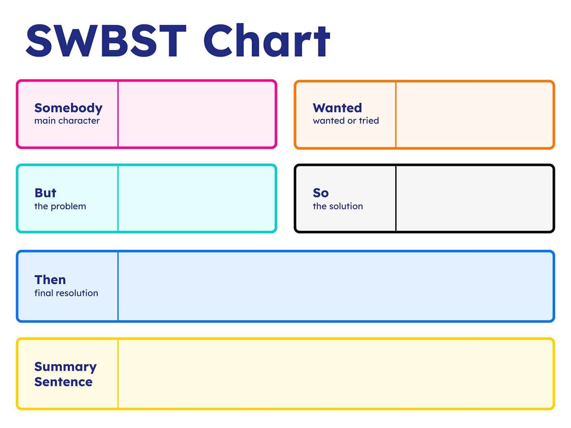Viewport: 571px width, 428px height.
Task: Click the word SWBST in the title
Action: pos(106,40)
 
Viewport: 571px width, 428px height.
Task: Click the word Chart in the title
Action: pos(266,40)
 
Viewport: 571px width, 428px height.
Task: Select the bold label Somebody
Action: pos(68,108)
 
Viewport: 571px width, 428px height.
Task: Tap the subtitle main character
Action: pos(67,121)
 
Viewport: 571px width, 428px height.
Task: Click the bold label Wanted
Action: pos(337,108)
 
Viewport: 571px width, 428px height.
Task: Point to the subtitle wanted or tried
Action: pos(346,121)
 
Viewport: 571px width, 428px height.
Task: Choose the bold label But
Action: pos(45,193)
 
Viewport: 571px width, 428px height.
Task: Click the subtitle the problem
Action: pos(60,206)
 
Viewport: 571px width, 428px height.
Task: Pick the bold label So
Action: pos(321,193)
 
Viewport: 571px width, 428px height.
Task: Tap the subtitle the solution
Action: pos(338,206)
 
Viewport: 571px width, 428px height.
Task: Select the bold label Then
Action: pos(50,280)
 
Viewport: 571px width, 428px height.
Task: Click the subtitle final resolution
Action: pos(66,293)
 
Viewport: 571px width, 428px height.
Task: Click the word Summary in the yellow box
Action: pos(66,367)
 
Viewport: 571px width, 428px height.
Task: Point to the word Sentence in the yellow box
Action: pos(64,382)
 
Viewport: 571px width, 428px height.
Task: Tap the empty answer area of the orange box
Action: pos(474,115)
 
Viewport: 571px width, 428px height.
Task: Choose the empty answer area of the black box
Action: pos(474,199)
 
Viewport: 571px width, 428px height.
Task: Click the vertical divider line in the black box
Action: pos(396,199)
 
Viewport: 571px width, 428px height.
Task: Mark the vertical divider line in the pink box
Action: pos(118,115)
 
